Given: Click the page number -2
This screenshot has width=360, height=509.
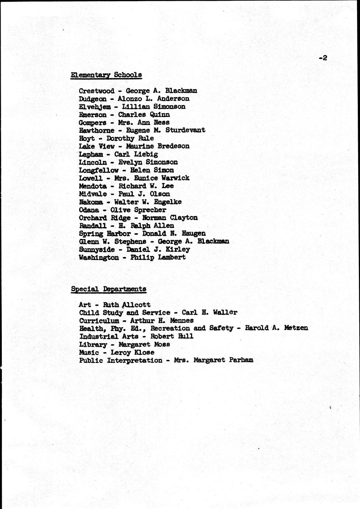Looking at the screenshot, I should (323, 58).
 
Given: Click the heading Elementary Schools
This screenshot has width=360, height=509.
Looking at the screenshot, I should (106, 75).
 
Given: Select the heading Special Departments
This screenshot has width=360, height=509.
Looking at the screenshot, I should (108, 289).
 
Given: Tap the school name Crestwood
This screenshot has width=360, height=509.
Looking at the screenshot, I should (97, 91).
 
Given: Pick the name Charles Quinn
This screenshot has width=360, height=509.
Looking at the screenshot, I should (144, 115).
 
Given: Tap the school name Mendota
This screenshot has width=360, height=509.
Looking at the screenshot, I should (93, 186).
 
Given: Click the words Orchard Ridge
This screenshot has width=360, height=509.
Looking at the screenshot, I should (104, 218).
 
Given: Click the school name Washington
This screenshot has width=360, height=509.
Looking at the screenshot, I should (99, 257).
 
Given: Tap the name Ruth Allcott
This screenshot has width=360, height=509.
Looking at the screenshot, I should (127, 305).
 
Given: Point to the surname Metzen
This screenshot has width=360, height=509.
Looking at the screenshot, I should (296, 328).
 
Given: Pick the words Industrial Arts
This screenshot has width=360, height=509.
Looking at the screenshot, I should (109, 336).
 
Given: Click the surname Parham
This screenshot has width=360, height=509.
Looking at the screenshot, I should (242, 360).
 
